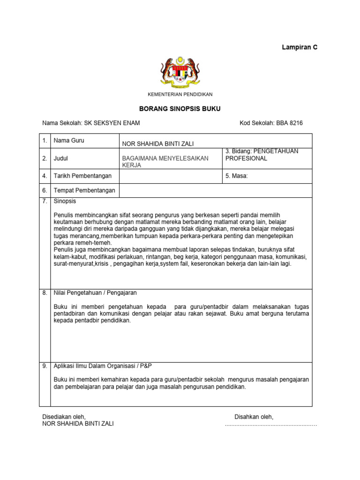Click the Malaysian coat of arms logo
[x=180, y=73]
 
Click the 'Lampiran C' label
[x=299, y=47]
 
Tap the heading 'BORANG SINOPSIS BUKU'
[x=180, y=109]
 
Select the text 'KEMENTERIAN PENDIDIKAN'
[x=180, y=94]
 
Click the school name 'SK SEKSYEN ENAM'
[x=112, y=123]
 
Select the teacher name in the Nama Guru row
[x=157, y=143]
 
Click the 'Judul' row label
[x=62, y=158]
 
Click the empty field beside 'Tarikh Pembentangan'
[x=171, y=176]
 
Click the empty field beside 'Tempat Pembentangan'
[x=216, y=190]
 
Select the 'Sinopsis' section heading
[x=65, y=201]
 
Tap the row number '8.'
[x=45, y=292]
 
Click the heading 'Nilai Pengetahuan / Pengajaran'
[x=95, y=292]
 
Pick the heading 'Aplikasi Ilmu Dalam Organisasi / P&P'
[x=105, y=366]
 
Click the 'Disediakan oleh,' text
[x=64, y=417]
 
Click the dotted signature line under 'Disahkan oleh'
[x=271, y=425]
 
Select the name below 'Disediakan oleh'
[x=78, y=424]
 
